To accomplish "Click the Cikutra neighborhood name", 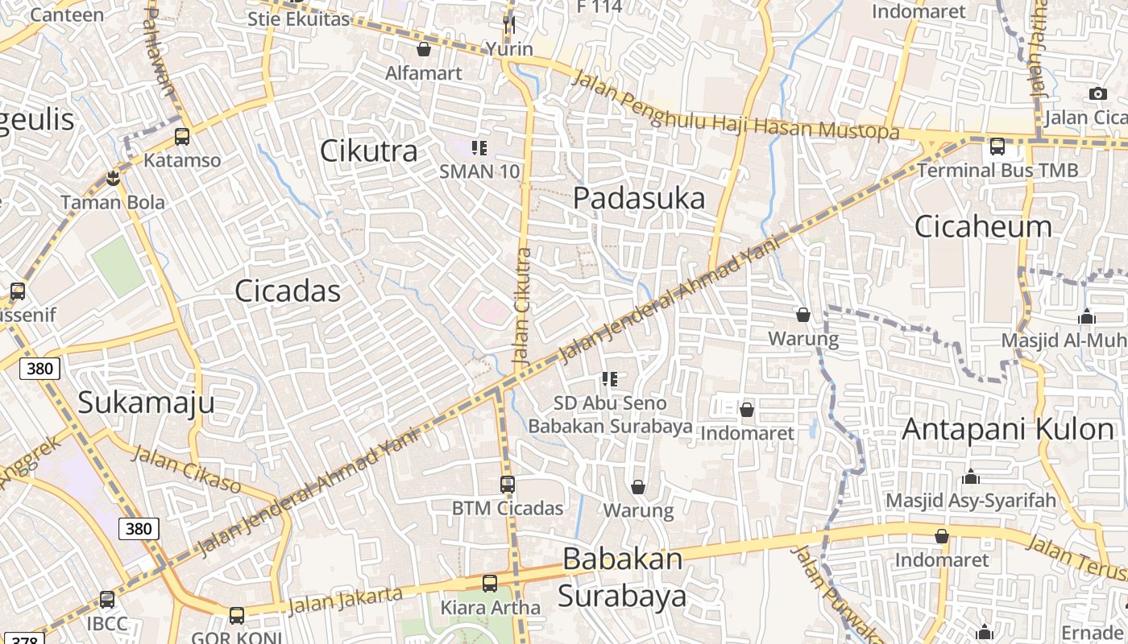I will (x=369, y=151).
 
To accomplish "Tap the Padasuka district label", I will (x=639, y=198).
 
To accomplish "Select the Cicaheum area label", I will (x=983, y=226).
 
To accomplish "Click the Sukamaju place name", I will (x=146, y=402).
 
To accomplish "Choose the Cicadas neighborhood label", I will (x=288, y=291).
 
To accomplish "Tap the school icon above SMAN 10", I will (x=479, y=148).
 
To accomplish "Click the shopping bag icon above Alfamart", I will (x=424, y=50).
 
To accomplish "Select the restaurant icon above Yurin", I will (x=508, y=25).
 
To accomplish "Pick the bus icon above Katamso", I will (x=182, y=137).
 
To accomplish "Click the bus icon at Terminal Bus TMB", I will (x=997, y=147).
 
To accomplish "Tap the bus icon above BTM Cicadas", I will (x=507, y=485).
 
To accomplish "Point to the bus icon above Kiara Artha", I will (x=489, y=584).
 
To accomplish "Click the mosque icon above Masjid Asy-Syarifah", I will (x=970, y=477).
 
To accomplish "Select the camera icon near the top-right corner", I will (x=1097, y=94).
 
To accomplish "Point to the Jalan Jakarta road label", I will (x=345, y=600).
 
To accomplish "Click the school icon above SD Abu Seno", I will (x=610, y=378).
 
